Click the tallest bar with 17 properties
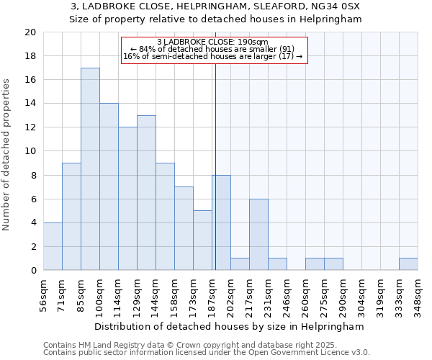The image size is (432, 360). [x=90, y=169]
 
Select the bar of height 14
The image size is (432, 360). [x=109, y=187]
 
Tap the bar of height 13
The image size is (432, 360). [x=146, y=193]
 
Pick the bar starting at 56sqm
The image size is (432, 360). [x=53, y=246]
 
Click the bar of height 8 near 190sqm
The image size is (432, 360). [x=221, y=222]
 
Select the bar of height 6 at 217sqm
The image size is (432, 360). [x=258, y=235]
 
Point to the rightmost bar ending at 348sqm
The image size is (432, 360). [x=408, y=264]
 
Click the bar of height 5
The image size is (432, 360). [x=202, y=240]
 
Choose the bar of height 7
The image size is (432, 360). [x=184, y=228]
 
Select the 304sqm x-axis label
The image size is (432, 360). [x=362, y=294]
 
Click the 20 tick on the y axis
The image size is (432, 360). [x=30, y=32]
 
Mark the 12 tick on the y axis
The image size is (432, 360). [x=30, y=127]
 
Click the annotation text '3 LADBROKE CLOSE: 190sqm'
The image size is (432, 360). [x=212, y=42]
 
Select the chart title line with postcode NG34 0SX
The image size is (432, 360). [x=215, y=6]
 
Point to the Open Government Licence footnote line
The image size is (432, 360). [x=207, y=353]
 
